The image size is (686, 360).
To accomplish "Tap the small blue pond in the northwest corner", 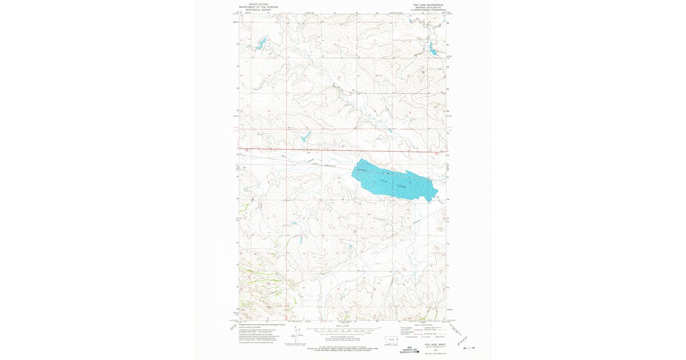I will pos(261,42).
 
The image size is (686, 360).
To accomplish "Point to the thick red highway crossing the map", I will pos(343,151).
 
